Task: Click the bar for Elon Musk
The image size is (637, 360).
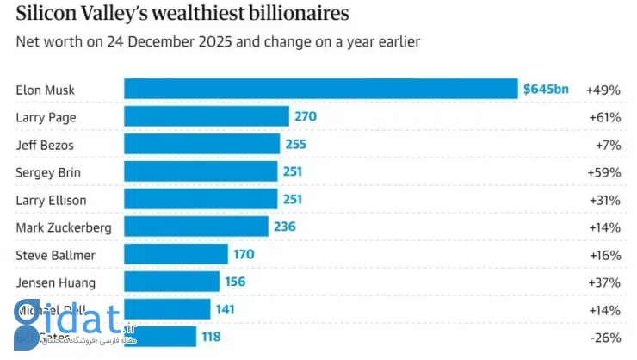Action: [x=318, y=89]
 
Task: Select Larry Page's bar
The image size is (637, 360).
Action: [x=206, y=116]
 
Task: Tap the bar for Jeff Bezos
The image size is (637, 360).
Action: [x=201, y=145]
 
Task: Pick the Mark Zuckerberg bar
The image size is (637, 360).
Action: [x=195, y=227]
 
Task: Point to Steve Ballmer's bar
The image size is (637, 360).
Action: [x=176, y=255]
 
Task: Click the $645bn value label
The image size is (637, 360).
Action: [x=545, y=89]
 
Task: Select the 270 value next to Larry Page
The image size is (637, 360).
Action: [x=306, y=117]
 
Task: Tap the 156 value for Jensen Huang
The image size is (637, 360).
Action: [x=234, y=282]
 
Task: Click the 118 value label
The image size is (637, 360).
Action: [x=211, y=338]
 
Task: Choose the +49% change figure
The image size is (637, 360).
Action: [x=603, y=90]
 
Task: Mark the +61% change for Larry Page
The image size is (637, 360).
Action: [x=603, y=117]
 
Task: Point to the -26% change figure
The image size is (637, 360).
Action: [x=604, y=338]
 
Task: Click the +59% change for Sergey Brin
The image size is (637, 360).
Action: [x=603, y=172]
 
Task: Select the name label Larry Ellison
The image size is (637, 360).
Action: [x=51, y=200]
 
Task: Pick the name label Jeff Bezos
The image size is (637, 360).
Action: [x=44, y=145]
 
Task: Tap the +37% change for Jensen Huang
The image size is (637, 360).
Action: [x=603, y=282]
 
